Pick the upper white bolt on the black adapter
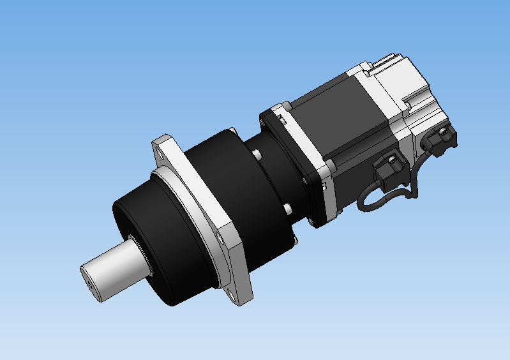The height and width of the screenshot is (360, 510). click(x=256, y=154)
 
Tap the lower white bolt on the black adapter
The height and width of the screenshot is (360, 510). click(x=287, y=208)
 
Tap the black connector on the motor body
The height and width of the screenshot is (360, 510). click(x=386, y=170)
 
